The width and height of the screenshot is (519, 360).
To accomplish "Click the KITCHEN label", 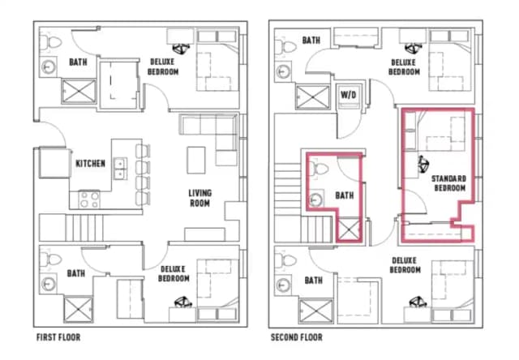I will (x=90, y=164).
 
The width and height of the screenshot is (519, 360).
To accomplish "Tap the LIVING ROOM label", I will (x=199, y=197).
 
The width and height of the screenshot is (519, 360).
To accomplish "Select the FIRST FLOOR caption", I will (x=58, y=336).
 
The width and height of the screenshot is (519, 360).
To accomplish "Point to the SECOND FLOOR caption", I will (x=296, y=336).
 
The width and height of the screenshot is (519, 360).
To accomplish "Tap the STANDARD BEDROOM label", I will (x=448, y=182).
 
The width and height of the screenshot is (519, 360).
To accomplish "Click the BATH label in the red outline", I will (x=345, y=195).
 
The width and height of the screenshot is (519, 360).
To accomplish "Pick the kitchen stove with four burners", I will (x=89, y=198).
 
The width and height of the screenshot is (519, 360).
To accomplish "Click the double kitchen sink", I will (x=119, y=169).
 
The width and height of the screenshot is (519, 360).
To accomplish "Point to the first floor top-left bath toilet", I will (x=50, y=41).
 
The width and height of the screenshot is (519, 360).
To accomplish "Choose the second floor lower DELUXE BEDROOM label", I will (x=403, y=265).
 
